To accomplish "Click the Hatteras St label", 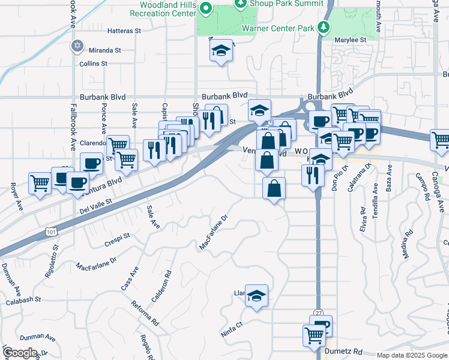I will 124,31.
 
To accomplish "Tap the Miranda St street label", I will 105,50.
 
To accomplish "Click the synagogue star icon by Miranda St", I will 76,46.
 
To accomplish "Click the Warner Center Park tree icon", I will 324,27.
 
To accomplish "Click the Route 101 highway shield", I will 52,230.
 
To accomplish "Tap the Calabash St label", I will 23,298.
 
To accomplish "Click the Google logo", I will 20,353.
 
